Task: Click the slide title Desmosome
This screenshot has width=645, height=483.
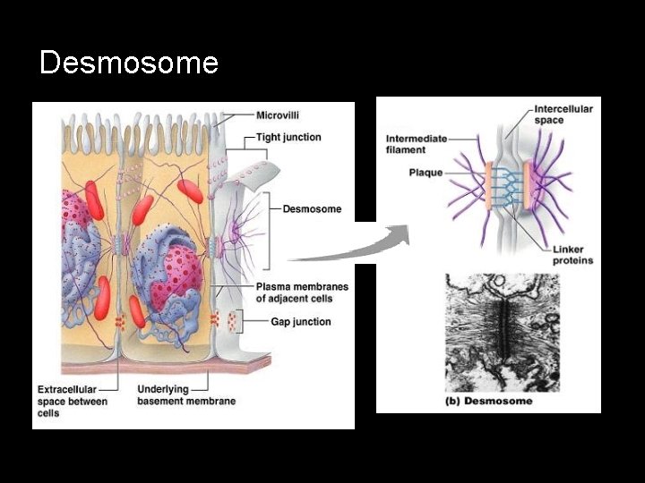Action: click(129, 63)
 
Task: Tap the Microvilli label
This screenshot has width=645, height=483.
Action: click(278, 115)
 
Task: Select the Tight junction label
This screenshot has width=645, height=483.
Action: click(288, 137)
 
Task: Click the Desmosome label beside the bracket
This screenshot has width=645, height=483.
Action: click(312, 209)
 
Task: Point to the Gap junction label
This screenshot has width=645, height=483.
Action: click(300, 322)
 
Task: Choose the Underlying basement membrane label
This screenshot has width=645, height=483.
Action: click(186, 394)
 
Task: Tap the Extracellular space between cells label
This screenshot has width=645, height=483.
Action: click(73, 401)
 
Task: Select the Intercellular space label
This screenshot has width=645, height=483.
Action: click(563, 114)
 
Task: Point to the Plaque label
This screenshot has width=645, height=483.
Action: click(426, 172)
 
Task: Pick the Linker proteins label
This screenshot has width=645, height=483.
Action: click(572, 254)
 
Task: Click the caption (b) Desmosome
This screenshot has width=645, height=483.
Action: click(488, 401)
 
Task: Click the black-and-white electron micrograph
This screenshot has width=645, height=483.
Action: click(502, 331)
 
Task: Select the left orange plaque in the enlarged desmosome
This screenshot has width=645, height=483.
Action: click(488, 186)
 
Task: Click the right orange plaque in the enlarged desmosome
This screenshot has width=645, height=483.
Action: click(529, 186)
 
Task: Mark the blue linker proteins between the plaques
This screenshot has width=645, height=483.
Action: click(508, 186)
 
